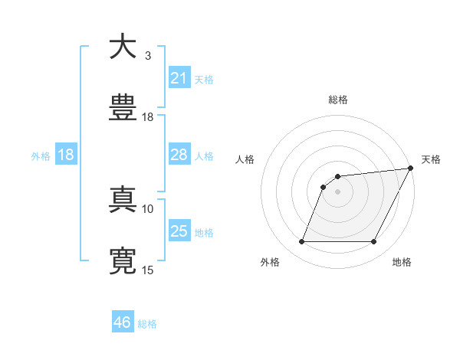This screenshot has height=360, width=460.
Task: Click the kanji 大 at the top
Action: coord(123,47)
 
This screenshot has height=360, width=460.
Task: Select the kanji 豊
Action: coord(123,108)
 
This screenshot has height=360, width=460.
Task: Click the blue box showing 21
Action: coord(179,77)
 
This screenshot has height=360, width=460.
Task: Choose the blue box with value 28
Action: coord(179,155)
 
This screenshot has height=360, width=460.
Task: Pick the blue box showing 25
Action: coord(179,231)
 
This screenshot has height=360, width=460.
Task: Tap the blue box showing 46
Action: coord(123,322)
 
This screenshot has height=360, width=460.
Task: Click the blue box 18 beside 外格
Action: coord(66,155)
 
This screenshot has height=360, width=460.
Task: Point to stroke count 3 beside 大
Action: coord(148,56)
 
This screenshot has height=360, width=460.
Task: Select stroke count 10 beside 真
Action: coord(148,208)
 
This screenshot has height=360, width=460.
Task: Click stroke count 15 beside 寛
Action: coord(148,270)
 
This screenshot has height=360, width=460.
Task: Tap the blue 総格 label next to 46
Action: coord(147,324)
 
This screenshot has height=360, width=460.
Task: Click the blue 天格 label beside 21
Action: coord(204,79)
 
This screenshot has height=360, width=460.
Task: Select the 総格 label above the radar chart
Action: coord(337,100)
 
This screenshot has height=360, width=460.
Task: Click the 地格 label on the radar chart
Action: coord(402,263)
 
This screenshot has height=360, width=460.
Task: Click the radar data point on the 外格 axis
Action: coord(301,242)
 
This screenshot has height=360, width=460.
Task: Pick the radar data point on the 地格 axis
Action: coord(374,242)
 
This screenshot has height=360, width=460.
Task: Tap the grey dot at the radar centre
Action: coord(337,191)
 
